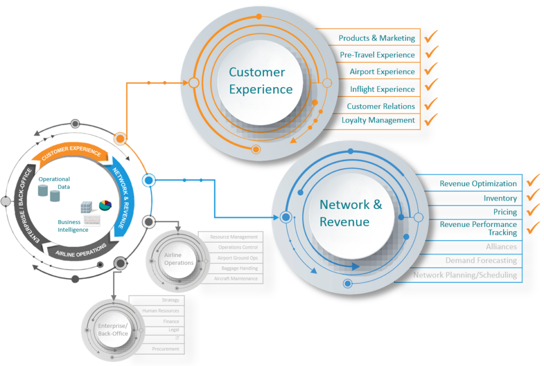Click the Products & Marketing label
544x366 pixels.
pos(377,38)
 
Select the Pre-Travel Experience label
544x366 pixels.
pos(377,55)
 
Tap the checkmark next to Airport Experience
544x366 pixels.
pos(431,69)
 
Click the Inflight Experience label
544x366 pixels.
pos(382,89)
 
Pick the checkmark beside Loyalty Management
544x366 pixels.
pos(431,118)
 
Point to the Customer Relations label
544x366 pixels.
pos(381,106)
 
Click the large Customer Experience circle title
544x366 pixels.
pos(260,81)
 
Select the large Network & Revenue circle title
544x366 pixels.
pos(351,213)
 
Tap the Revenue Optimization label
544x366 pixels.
pos(478,184)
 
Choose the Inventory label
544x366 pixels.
pos(500,198)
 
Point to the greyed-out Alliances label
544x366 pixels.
pos(501,247)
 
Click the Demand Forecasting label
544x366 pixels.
pos(481,260)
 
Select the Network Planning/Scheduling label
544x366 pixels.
pos(465,275)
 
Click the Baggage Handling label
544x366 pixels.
pos(239,268)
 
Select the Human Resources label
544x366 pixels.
pos(160,311)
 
